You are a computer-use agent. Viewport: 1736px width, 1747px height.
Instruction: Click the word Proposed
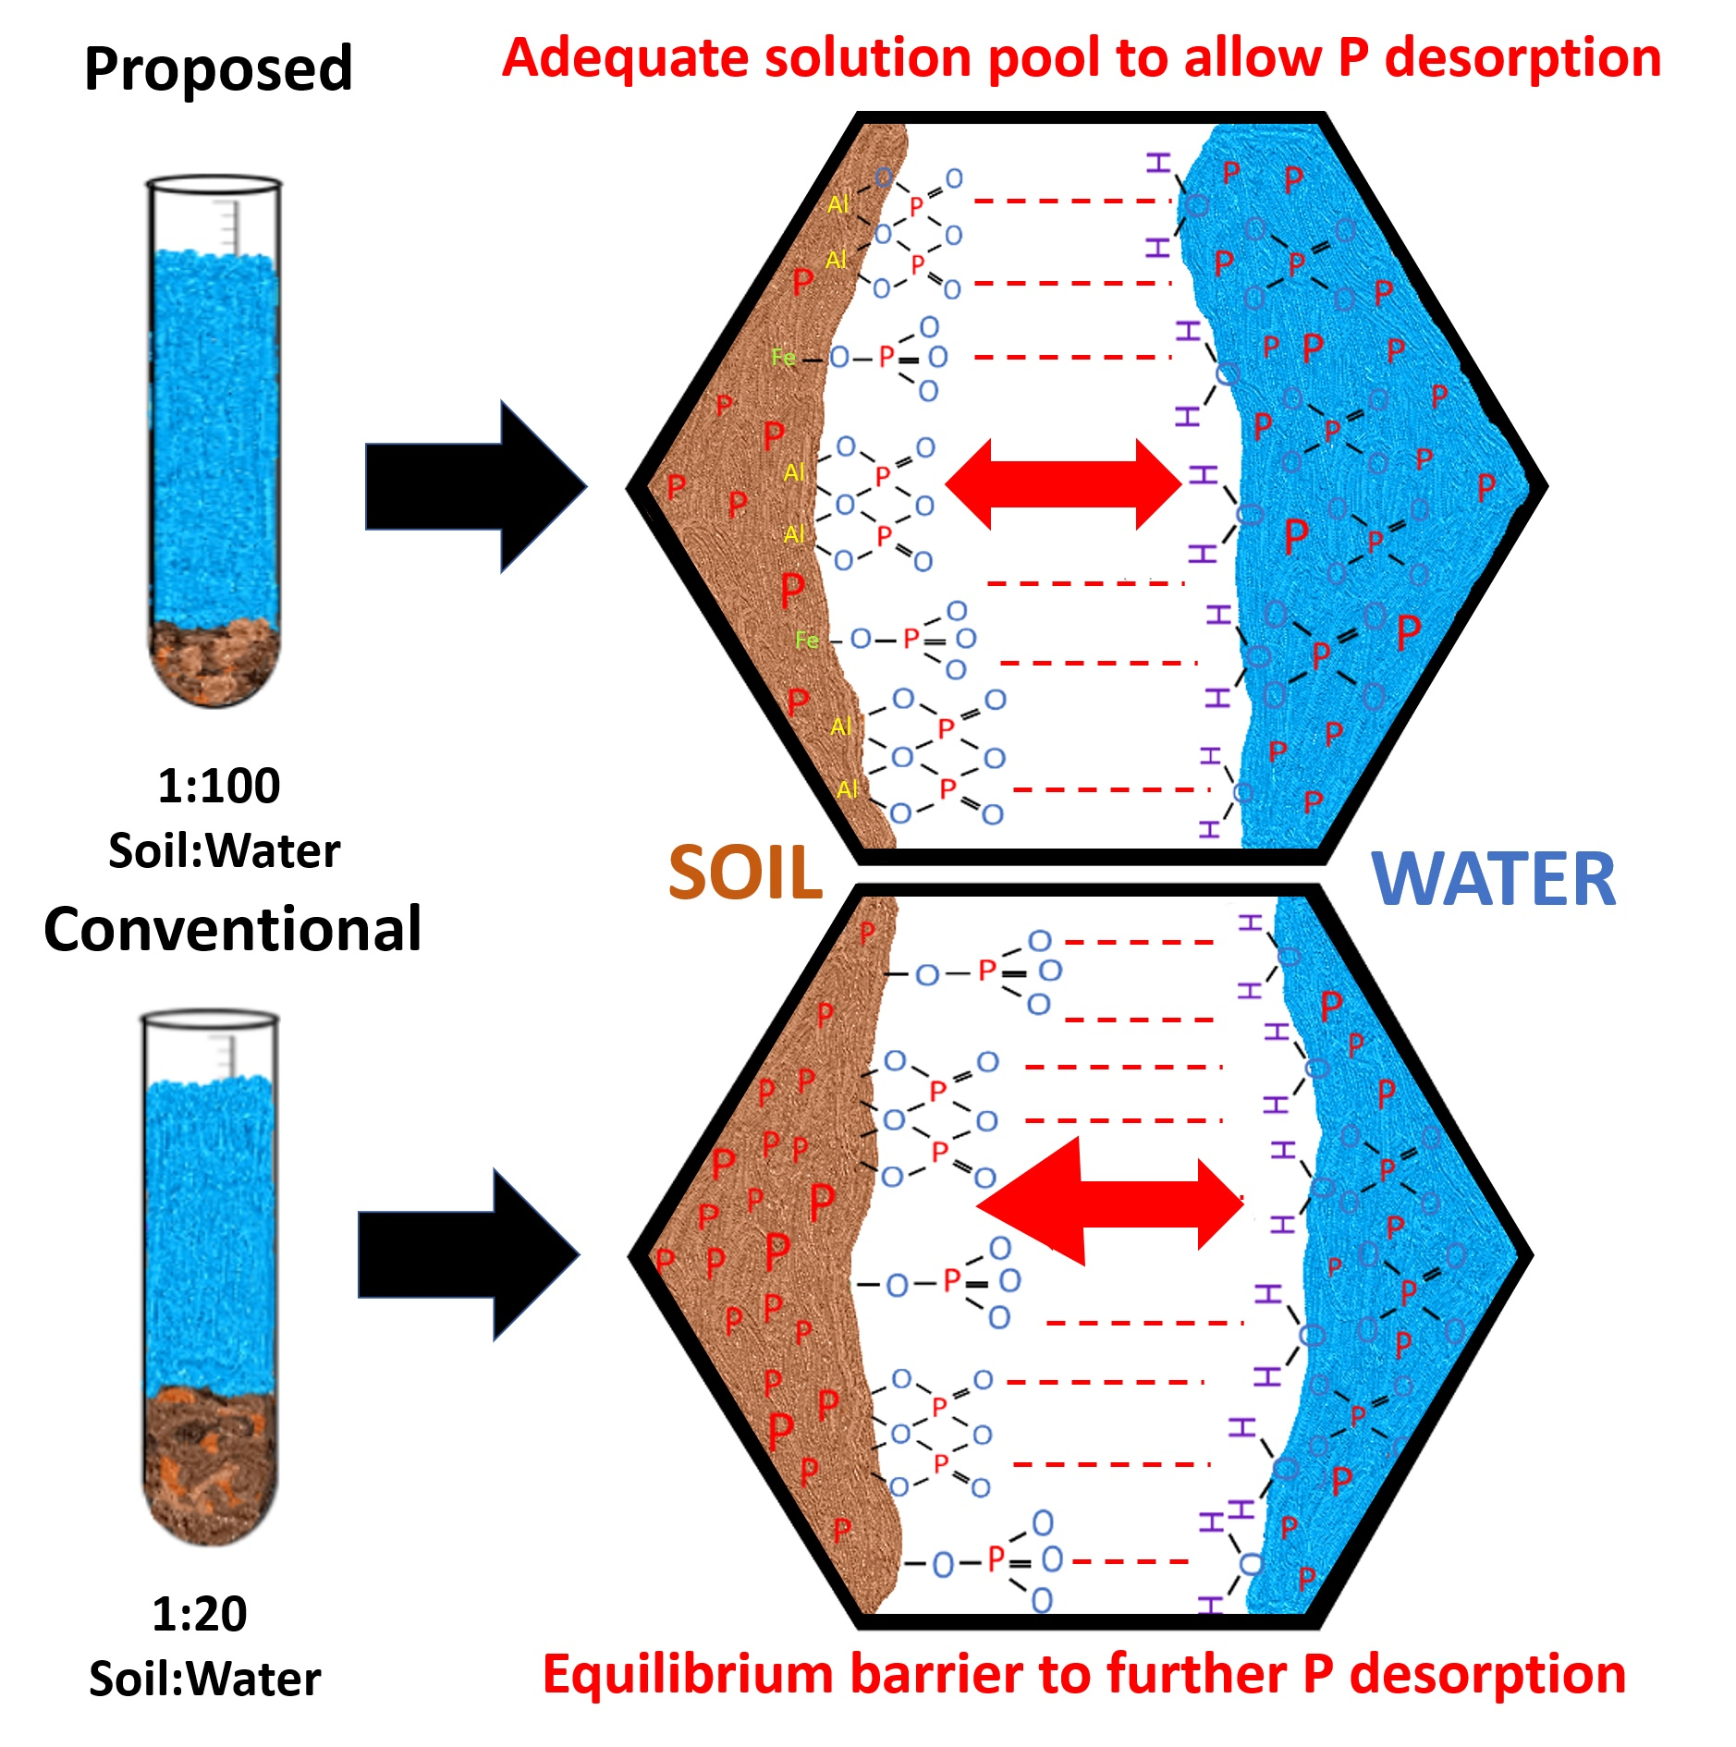pyautogui.click(x=218, y=69)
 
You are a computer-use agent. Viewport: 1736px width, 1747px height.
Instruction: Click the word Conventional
pyautogui.click(x=232, y=929)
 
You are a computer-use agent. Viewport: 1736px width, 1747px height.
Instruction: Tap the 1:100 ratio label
pyautogui.click(x=218, y=786)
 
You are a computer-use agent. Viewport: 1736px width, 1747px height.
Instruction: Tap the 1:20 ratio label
pyautogui.click(x=199, y=1614)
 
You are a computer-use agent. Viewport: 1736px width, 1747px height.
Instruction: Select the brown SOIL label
pyautogui.click(x=745, y=873)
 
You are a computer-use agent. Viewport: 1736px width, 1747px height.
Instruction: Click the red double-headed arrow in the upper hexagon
pyautogui.click(x=1063, y=484)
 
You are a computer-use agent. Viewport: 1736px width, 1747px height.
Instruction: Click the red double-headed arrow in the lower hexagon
pyautogui.click(x=1109, y=1202)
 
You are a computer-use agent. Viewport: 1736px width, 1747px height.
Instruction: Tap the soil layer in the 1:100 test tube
pyautogui.click(x=214, y=661)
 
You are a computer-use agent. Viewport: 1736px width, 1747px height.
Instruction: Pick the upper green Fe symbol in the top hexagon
pyautogui.click(x=783, y=357)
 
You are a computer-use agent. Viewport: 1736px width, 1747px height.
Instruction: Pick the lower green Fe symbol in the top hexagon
pyautogui.click(x=806, y=640)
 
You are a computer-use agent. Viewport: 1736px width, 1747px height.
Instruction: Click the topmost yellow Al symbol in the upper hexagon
pyautogui.click(x=837, y=204)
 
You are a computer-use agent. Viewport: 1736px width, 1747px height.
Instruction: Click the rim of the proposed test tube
pyautogui.click(x=214, y=183)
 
